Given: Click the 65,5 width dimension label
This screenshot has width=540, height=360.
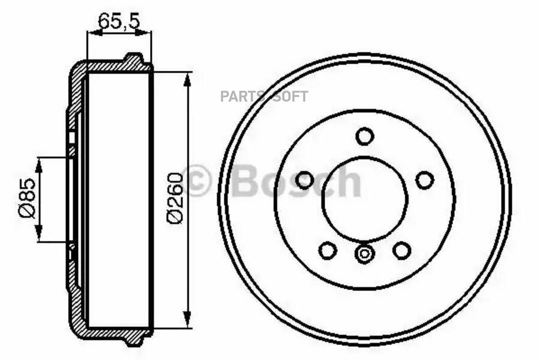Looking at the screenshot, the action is pyautogui.click(x=119, y=22).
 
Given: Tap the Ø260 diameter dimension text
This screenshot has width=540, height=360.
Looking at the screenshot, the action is pyautogui.click(x=175, y=198).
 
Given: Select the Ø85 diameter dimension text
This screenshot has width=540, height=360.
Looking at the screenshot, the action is pyautogui.click(x=27, y=198).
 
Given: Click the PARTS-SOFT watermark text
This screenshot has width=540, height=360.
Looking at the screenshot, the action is pyautogui.click(x=264, y=97).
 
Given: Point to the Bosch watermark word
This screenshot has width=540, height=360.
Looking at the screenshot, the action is pyautogui.click(x=296, y=180).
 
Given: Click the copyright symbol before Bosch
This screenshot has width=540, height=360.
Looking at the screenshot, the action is pyautogui.click(x=196, y=180).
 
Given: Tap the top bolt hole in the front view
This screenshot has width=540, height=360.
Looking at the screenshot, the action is pyautogui.click(x=365, y=136).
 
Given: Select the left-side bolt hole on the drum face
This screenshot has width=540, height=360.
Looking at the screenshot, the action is pyautogui.click(x=304, y=180).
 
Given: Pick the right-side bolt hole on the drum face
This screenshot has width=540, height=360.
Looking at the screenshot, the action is pyautogui.click(x=425, y=180).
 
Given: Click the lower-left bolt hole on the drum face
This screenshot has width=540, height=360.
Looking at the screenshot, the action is pyautogui.click(x=328, y=250).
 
